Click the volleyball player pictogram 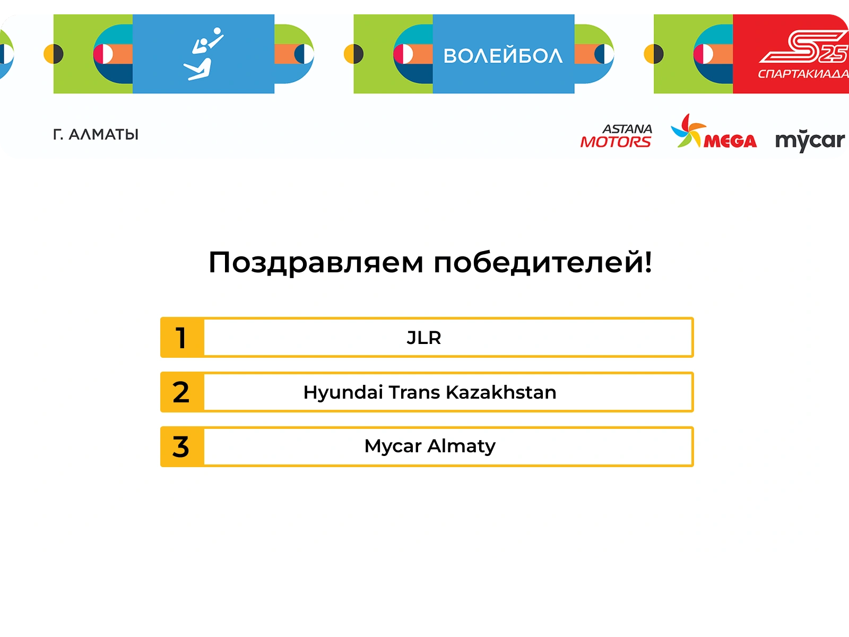203,54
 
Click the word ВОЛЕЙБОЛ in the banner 503,56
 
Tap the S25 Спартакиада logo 803,54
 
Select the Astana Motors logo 616,136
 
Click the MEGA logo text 730,141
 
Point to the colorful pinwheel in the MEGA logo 688,131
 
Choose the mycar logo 810,141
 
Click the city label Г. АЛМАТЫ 96,135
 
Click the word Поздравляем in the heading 316,263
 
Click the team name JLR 424,338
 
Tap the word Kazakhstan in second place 501,392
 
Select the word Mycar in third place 393,447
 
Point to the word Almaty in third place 462,447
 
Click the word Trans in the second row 414,392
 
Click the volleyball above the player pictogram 218,31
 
